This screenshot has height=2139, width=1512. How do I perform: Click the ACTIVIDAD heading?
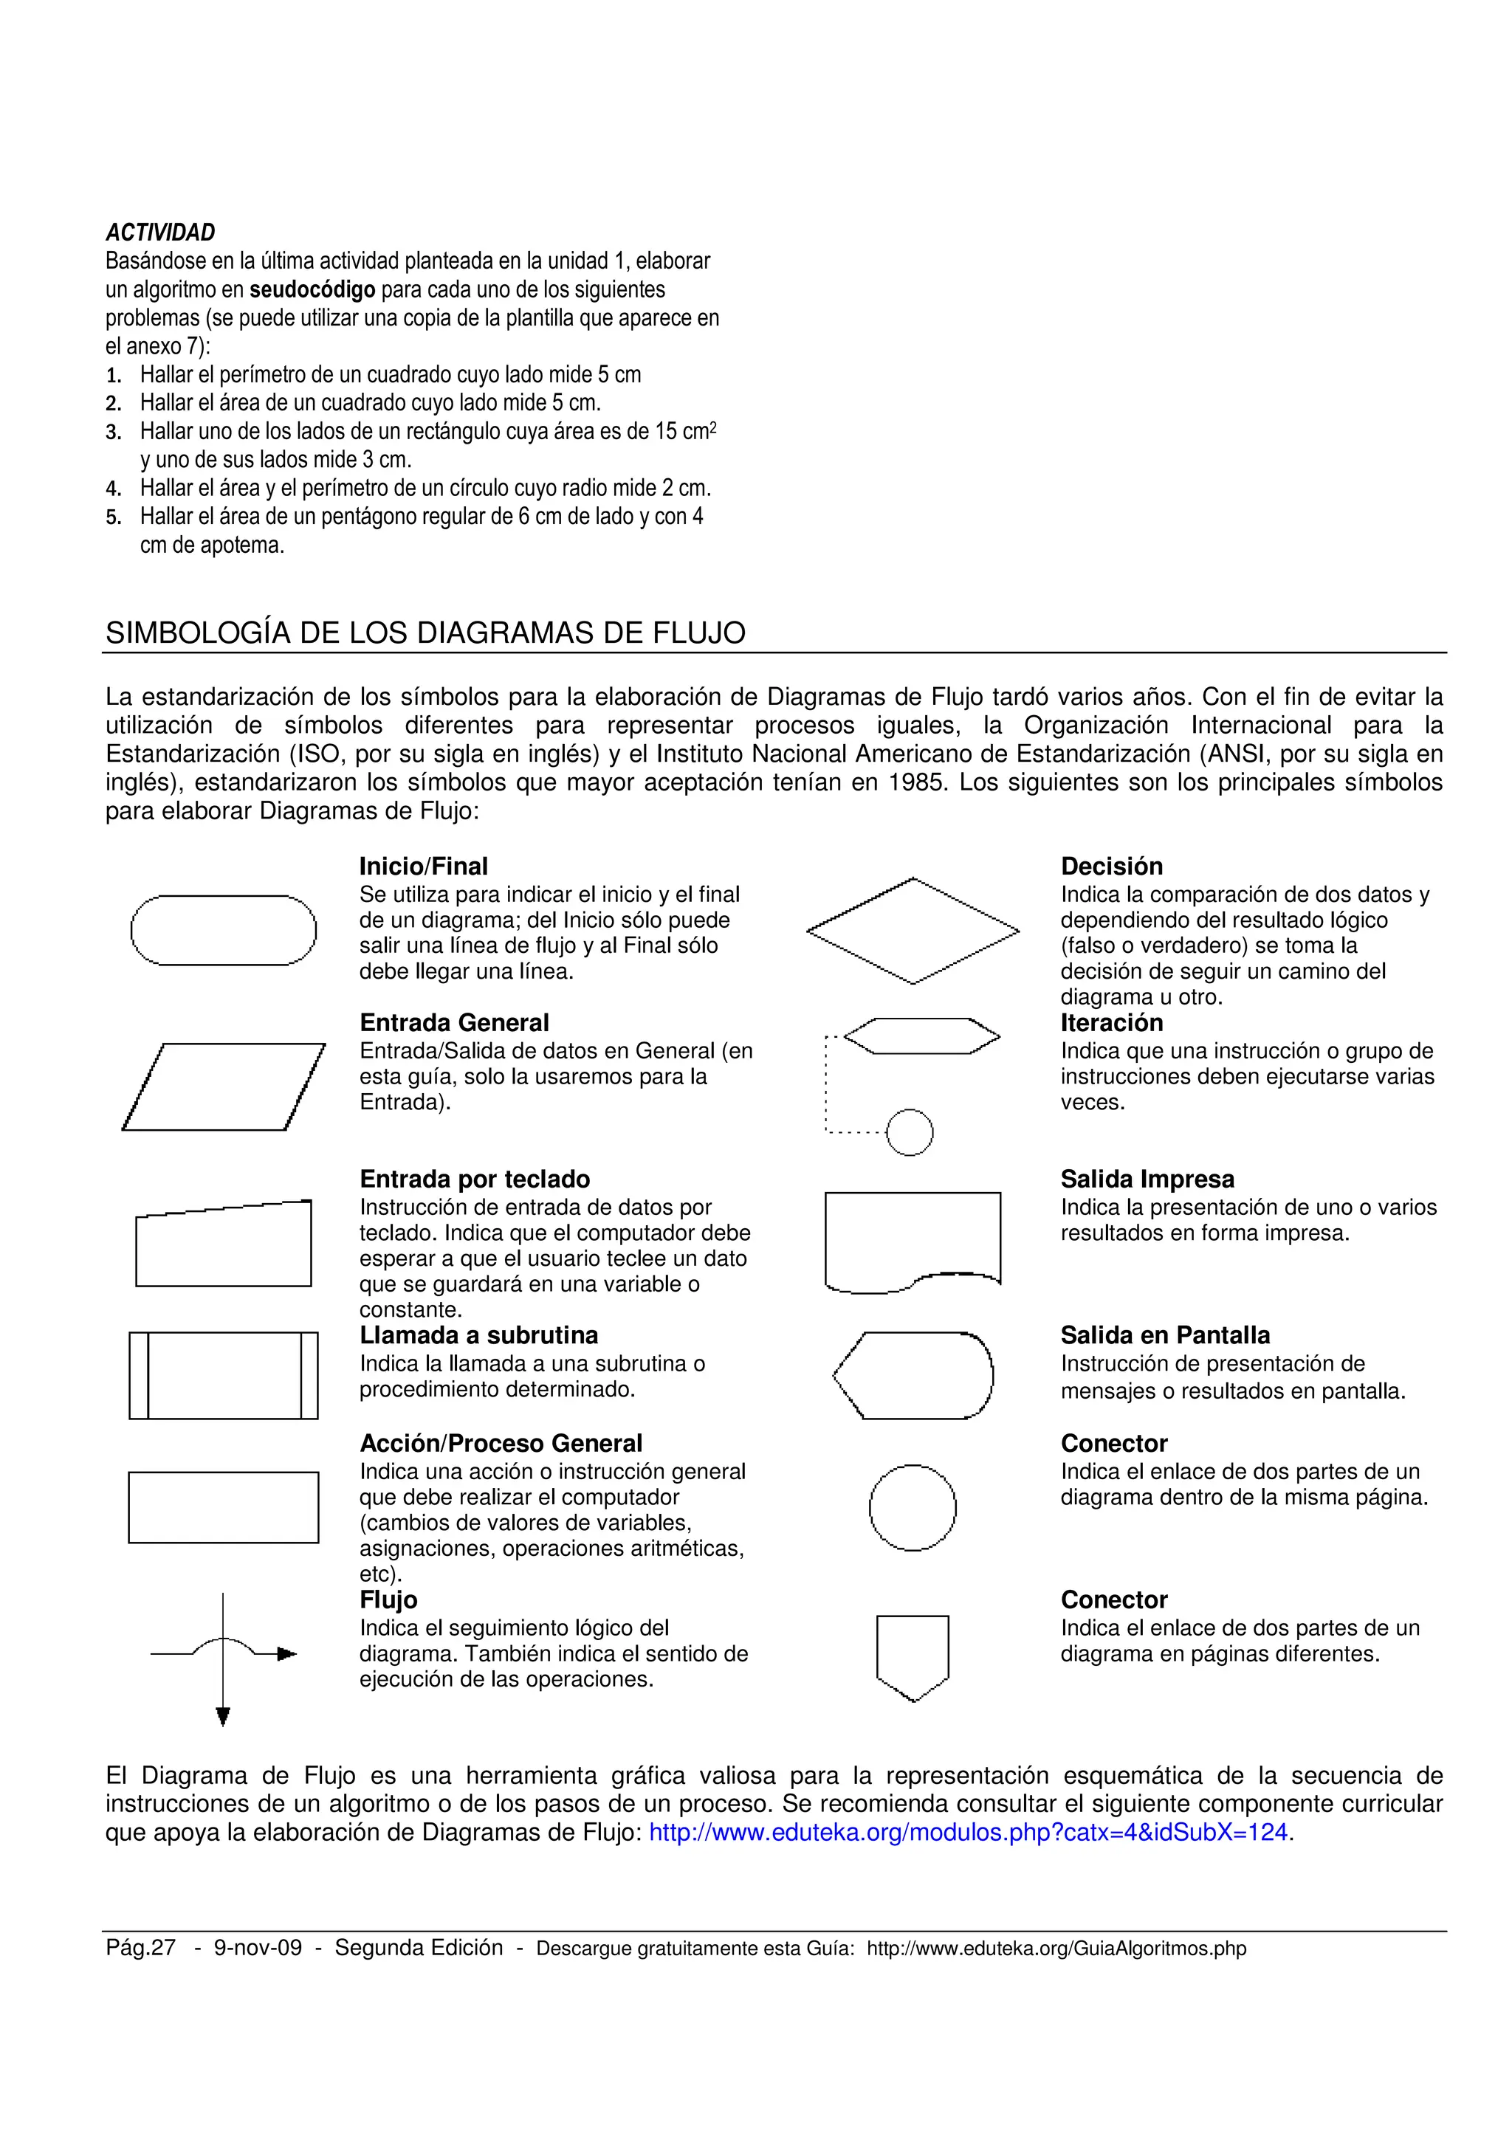point(160,232)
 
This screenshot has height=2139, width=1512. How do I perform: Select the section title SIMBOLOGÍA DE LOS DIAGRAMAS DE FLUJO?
point(425,633)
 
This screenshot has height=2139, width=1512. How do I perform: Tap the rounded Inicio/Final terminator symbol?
point(224,930)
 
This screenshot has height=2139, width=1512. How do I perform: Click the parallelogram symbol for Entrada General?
point(224,1086)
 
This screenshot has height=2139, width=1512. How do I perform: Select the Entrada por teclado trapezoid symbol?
point(224,1246)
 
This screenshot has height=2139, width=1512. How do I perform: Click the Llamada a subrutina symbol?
point(224,1375)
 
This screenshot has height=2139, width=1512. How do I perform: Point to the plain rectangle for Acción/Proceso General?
point(224,1506)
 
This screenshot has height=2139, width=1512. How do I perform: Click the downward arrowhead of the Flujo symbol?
point(223,1716)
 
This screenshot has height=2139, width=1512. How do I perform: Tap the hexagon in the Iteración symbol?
point(921,1036)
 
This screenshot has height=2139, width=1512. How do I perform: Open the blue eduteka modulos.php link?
point(968,1833)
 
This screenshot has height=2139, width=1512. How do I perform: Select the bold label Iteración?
point(1111,1023)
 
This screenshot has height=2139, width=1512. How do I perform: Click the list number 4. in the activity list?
point(113,489)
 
